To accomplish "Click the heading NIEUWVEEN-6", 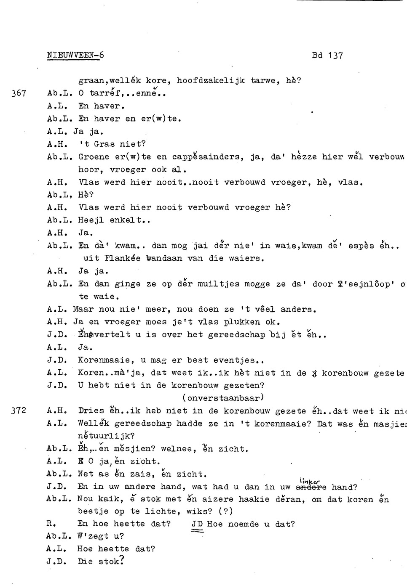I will [x=75, y=55].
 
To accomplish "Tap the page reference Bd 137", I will [x=327, y=56].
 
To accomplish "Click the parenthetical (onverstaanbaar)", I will [x=223, y=397].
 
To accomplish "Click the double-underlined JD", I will [x=197, y=524].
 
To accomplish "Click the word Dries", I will [x=91, y=411].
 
